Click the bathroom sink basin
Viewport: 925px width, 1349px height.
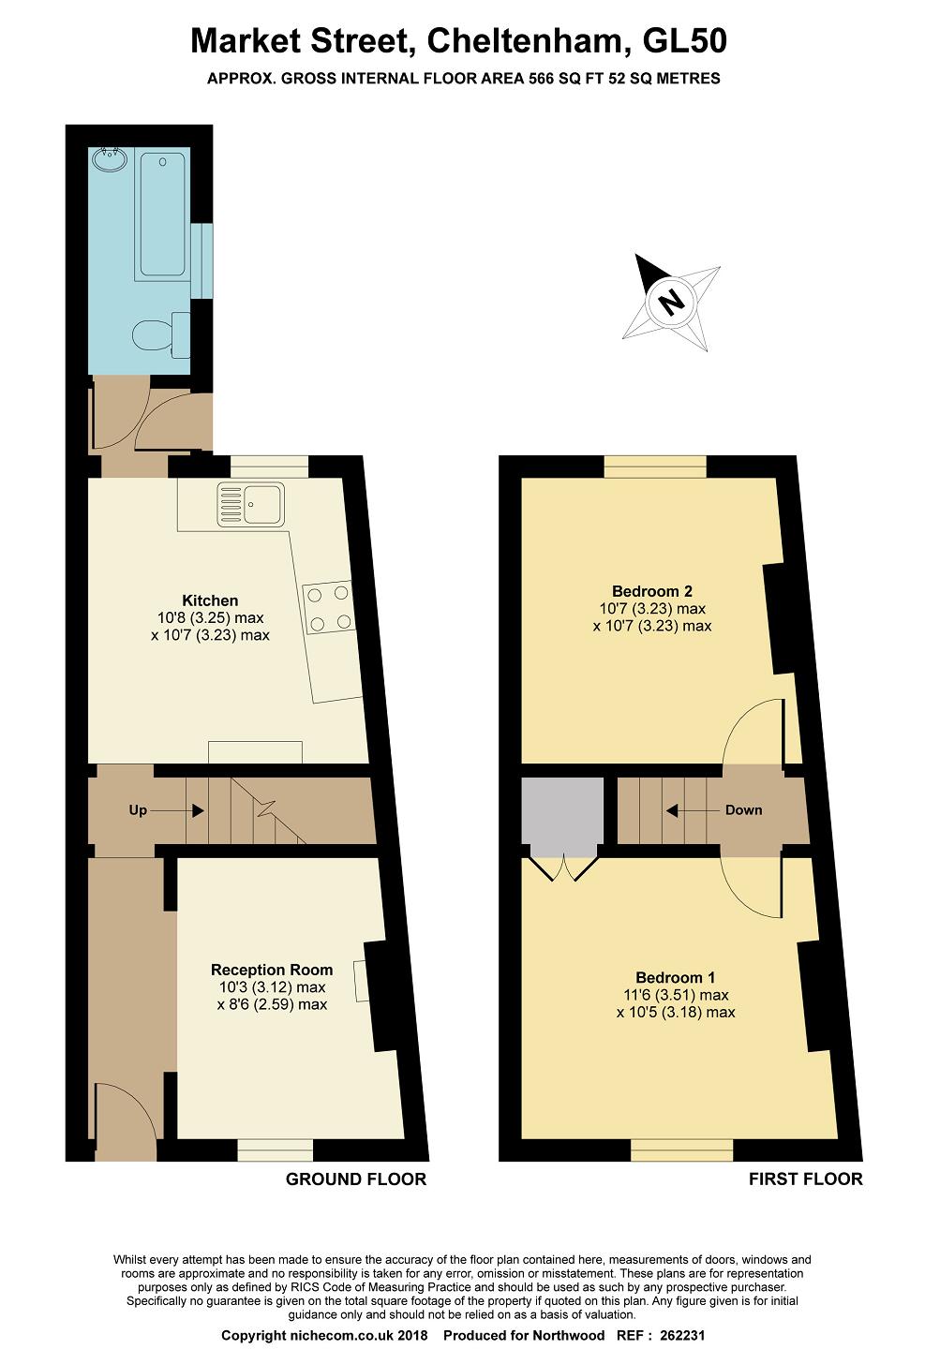click(x=110, y=159)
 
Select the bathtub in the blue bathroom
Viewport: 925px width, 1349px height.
click(x=162, y=215)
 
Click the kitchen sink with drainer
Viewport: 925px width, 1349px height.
click(x=250, y=505)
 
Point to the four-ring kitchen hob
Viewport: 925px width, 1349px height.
click(x=328, y=607)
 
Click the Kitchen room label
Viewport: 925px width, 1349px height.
click(x=210, y=600)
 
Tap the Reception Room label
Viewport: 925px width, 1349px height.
click(x=272, y=970)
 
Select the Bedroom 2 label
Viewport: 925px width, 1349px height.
click(x=652, y=591)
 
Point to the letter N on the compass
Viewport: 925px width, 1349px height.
click(x=670, y=301)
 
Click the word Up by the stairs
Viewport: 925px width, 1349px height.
click(x=138, y=810)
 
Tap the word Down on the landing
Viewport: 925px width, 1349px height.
click(x=743, y=810)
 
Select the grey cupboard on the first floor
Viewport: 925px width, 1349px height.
click(x=562, y=817)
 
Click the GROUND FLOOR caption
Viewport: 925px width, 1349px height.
click(x=356, y=1179)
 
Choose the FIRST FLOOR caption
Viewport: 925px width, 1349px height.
click(x=806, y=1179)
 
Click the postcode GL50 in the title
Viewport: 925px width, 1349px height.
click(x=684, y=41)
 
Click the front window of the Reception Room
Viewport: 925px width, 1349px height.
click(x=276, y=1149)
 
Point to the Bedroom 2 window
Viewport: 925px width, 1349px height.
click(x=655, y=467)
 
